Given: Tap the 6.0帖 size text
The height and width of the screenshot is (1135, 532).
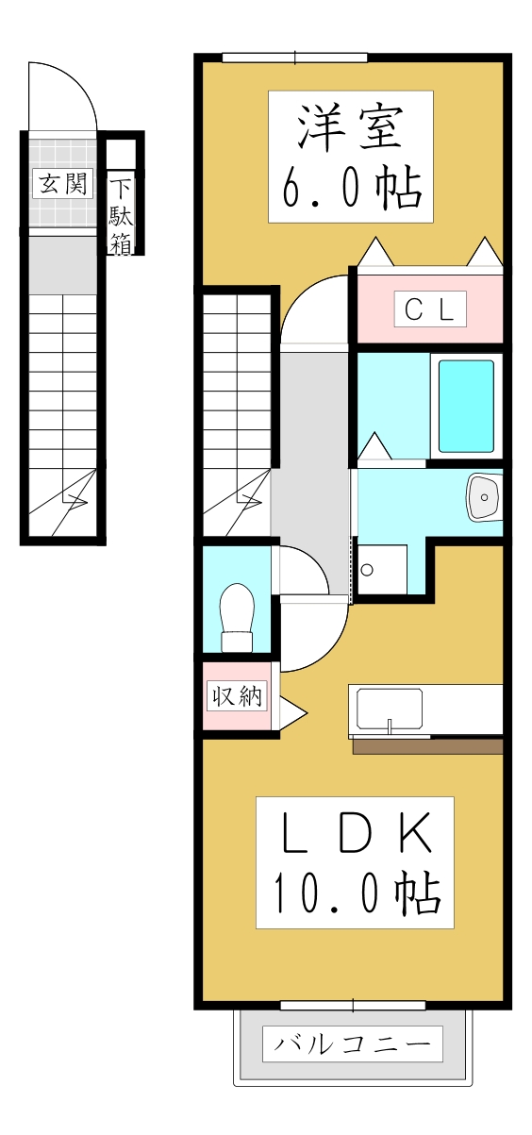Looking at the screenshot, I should click(x=350, y=190).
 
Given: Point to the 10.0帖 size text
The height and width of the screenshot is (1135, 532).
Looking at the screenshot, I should click(x=355, y=893).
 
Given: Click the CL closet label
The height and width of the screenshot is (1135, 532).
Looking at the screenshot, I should click(x=428, y=309).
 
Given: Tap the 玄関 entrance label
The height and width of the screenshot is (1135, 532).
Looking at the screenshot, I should click(x=63, y=182).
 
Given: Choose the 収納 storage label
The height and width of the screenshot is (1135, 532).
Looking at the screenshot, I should click(x=237, y=697).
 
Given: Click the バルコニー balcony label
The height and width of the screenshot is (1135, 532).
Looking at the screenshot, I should click(x=352, y=1043).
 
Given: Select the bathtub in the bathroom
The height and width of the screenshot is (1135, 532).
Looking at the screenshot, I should click(x=466, y=406).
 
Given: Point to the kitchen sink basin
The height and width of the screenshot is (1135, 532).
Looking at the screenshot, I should click(x=389, y=709).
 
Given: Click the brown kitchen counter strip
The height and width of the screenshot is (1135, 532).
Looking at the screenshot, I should click(x=427, y=746).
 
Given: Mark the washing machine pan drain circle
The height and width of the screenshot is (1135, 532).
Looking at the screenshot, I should click(x=367, y=570).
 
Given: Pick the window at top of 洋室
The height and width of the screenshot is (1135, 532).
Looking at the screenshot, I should click(x=294, y=58).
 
